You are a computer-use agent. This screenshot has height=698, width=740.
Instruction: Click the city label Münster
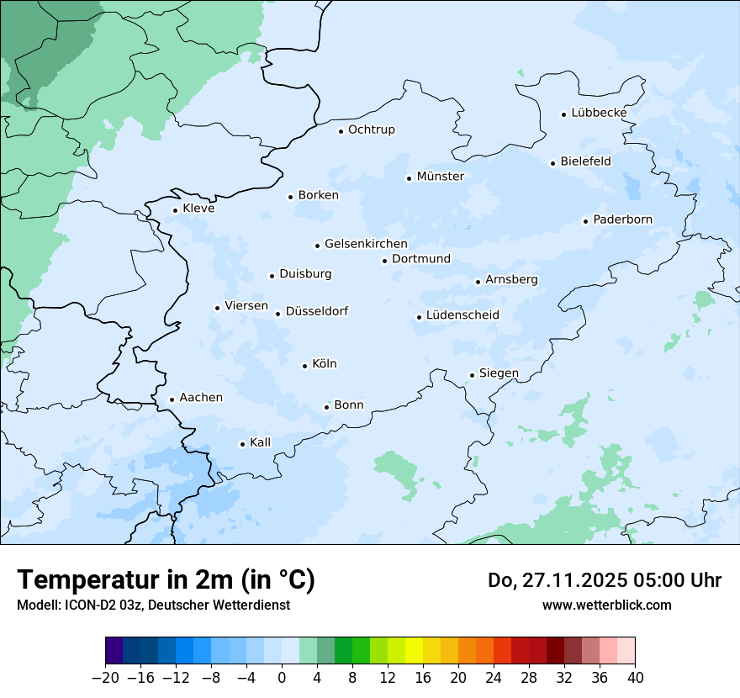(x=441, y=177)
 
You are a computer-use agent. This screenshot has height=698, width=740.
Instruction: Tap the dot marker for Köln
(x=305, y=366)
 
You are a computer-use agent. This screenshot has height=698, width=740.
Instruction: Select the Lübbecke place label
(x=599, y=113)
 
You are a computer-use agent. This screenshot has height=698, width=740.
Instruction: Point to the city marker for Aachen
(x=172, y=400)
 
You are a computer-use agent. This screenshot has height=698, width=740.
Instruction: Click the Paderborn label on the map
(x=622, y=220)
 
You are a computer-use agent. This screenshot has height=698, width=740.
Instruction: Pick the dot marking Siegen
(x=473, y=375)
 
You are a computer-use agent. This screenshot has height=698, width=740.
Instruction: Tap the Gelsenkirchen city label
(x=366, y=244)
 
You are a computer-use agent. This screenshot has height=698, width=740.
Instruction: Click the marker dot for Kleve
(x=176, y=211)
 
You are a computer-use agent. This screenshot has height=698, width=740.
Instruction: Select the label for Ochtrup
(x=372, y=130)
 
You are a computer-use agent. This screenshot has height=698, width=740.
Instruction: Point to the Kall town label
(x=261, y=442)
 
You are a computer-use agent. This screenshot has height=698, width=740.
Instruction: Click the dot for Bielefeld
(x=553, y=163)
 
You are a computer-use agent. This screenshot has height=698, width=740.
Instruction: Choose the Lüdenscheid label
(x=462, y=315)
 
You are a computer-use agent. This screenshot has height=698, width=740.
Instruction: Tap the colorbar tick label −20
(x=105, y=678)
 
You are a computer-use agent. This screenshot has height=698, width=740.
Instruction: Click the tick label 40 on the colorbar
(x=635, y=678)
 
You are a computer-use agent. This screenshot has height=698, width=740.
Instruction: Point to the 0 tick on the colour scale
(x=282, y=678)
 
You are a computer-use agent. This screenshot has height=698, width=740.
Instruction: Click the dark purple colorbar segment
(x=114, y=651)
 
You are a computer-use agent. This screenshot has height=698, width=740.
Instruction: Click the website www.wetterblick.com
(x=606, y=605)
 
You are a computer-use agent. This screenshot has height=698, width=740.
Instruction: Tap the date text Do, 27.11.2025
(x=559, y=580)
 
